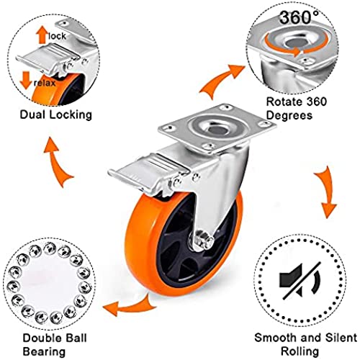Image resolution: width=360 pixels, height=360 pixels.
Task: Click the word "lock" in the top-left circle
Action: click(57, 36)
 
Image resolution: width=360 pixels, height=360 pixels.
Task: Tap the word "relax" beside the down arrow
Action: click(45, 83)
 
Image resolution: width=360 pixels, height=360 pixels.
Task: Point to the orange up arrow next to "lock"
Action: click(42, 35)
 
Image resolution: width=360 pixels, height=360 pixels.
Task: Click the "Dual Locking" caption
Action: click(56, 114)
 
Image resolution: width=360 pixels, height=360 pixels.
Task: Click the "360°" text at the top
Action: click(299, 17)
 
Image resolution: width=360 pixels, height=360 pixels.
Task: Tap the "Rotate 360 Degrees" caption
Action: click(297, 108)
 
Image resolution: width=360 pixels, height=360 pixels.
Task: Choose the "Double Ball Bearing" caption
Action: click(55, 345)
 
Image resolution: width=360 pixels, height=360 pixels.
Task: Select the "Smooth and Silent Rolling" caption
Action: click(305, 344)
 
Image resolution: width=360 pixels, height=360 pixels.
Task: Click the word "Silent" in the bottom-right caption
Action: click(341, 338)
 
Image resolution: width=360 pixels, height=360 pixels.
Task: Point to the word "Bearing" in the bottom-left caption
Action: click(44, 352)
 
